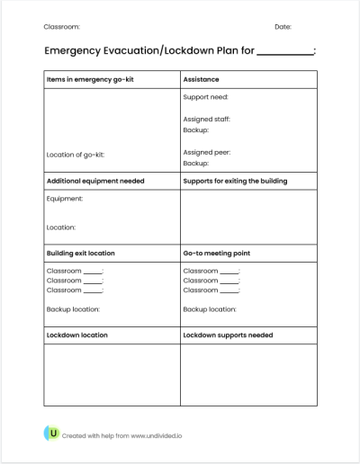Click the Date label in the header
[283, 27]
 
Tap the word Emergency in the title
[75, 52]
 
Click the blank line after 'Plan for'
[285, 53]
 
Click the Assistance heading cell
[201, 79]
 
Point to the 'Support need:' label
[205, 96]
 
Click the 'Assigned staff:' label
[207, 119]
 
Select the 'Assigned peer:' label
[206, 153]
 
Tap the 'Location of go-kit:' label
[75, 155]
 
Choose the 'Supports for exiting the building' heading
[235, 181]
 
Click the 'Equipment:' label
[64, 199]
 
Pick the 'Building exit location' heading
[80, 253]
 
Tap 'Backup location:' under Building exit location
[73, 308]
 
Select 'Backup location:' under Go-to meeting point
[210, 308]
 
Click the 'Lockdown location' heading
[76, 335]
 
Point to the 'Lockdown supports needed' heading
[229, 335]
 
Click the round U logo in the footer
[52, 434]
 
